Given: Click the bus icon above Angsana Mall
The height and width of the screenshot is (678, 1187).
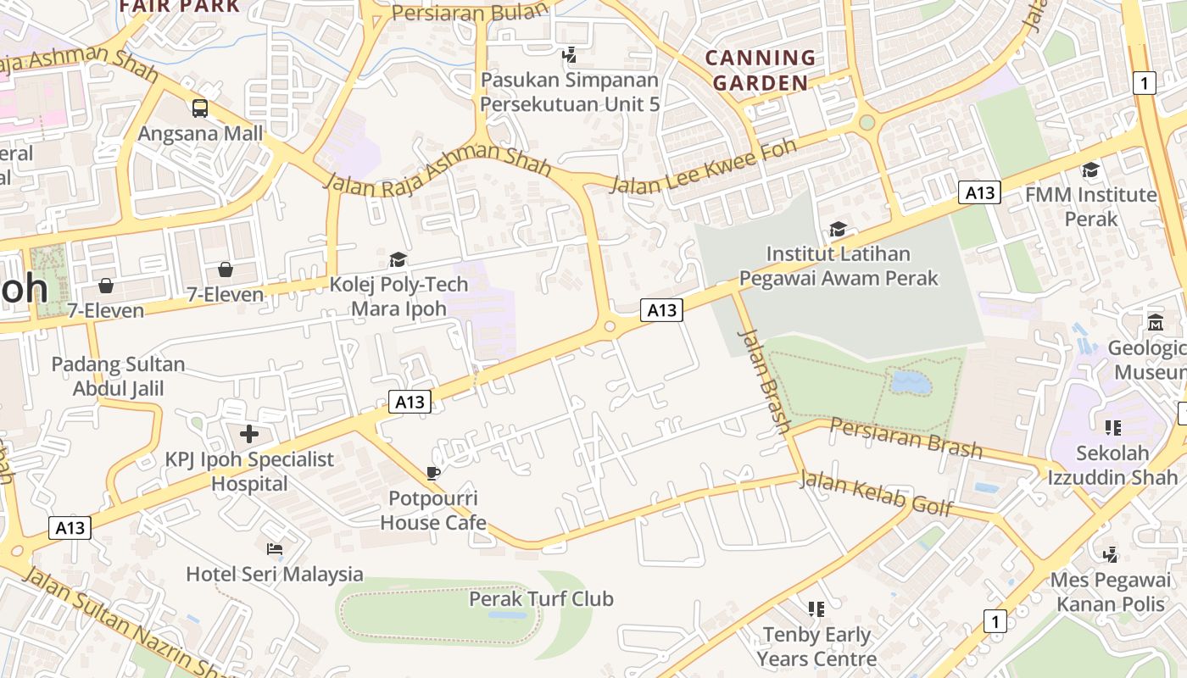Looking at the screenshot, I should (200, 108).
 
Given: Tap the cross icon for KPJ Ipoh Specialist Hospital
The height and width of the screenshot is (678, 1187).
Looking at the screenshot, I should (249, 435).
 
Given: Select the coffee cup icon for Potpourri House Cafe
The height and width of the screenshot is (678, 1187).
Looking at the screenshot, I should (433, 473).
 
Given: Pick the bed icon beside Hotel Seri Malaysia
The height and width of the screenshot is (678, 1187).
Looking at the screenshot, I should (275, 549).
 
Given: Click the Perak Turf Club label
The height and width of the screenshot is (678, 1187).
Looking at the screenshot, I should (541, 598).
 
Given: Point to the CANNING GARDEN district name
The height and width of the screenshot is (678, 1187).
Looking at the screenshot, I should (761, 70).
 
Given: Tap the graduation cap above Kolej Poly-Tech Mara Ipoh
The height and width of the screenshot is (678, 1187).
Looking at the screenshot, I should (398, 259).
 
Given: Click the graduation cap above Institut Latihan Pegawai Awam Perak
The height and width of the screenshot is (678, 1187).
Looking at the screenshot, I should (838, 229).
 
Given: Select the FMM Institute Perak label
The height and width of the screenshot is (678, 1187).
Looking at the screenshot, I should (1090, 206).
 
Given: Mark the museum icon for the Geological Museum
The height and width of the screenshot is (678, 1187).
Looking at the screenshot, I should (1155, 323).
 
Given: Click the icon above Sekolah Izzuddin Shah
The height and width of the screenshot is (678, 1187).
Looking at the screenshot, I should (1112, 428).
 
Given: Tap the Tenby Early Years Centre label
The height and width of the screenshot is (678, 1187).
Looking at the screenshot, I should (816, 646).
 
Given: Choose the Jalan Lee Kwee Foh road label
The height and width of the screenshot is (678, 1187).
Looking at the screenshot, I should (703, 167).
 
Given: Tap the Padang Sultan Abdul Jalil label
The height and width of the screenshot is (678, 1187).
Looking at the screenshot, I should (118, 376).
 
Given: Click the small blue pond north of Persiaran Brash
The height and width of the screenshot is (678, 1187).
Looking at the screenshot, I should (911, 383).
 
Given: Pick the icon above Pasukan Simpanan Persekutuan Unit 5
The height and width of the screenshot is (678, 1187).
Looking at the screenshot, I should (570, 55).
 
